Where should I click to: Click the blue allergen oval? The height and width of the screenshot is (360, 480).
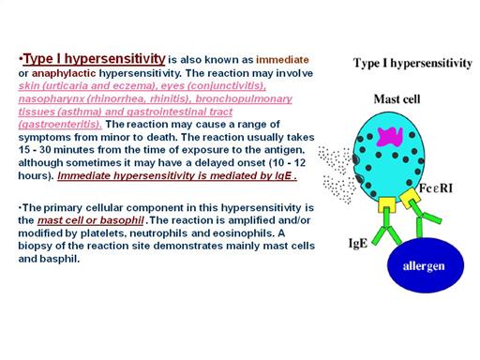click(426, 265)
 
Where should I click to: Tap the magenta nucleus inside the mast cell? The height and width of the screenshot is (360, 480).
click(390, 137)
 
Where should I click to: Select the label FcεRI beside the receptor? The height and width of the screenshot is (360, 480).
click(436, 188)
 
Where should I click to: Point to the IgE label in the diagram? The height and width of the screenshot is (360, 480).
click(358, 243)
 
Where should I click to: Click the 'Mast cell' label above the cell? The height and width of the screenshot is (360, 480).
click(397, 99)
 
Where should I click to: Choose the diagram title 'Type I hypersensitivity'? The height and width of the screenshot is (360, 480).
click(412, 63)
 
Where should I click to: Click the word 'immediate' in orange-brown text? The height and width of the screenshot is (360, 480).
click(282, 60)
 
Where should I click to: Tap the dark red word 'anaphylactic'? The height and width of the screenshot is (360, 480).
click(64, 73)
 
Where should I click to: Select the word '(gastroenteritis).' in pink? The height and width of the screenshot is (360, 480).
click(60, 125)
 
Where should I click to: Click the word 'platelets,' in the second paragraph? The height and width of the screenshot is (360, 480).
click(103, 233)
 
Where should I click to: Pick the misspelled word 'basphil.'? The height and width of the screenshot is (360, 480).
click(60, 259)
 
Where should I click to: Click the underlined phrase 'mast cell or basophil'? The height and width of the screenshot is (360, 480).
click(91, 220)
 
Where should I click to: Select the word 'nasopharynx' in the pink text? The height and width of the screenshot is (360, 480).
click(52, 98)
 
